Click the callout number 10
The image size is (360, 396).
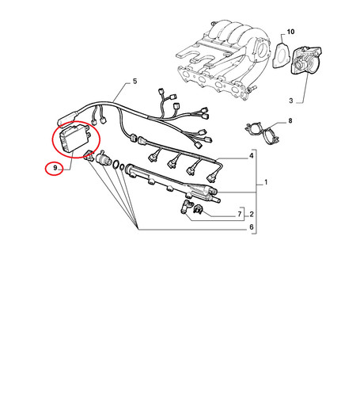click(290, 32)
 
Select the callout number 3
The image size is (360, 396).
click(291, 101)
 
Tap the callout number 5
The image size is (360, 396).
click(135, 82)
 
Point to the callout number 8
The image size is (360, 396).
click(290, 121)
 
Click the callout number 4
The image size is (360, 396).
click(252, 156)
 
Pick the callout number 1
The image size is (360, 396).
click(266, 182)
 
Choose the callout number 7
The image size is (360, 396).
click(240, 214)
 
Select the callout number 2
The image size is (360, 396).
click(252, 214)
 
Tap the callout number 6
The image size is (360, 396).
click(252, 227)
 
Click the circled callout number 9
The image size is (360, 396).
click(55, 168)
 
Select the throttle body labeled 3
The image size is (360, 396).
click(306, 60)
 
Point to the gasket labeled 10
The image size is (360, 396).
click(281, 56)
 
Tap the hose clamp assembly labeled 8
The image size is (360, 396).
click(262, 133)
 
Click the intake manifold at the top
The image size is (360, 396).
click(224, 59)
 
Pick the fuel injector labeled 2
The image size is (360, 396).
click(186, 207)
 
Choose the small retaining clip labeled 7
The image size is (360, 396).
click(198, 209)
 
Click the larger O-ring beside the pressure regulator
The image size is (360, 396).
click(116, 164)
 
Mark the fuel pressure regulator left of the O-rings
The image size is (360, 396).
click(104, 158)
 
